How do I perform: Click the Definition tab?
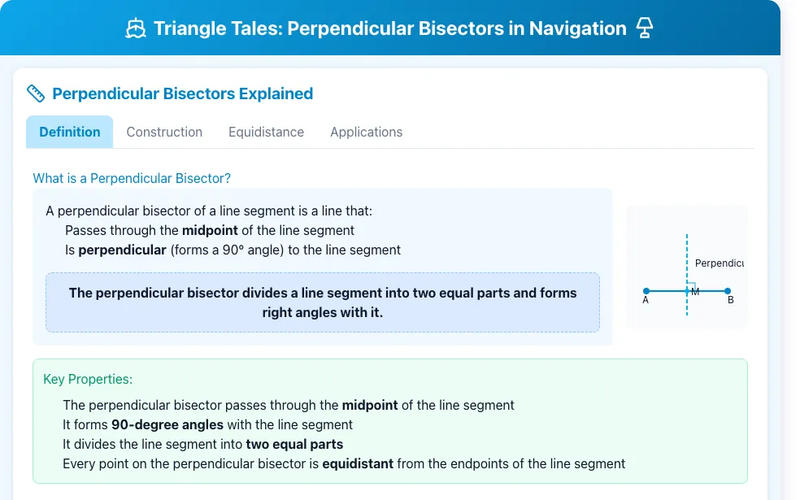pyautogui.click(x=69, y=133)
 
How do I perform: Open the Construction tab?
pyautogui.click(x=164, y=133)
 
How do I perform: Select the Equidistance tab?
pyautogui.click(x=267, y=133)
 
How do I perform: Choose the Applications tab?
pyautogui.click(x=367, y=133)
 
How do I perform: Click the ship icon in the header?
pyautogui.click(x=136, y=28)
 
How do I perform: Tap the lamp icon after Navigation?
pyautogui.click(x=645, y=28)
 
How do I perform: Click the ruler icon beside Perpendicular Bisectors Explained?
pyautogui.click(x=36, y=93)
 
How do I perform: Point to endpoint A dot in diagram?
pyautogui.click(x=646, y=291)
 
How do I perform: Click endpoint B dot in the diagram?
pyautogui.click(x=728, y=291)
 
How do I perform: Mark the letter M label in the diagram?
pyautogui.click(x=695, y=292)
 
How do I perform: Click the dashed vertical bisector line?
pyautogui.click(x=687, y=275)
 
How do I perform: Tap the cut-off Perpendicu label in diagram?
pyautogui.click(x=720, y=263)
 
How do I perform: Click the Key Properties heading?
pyautogui.click(x=88, y=379)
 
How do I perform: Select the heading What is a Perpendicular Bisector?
pyautogui.click(x=132, y=178)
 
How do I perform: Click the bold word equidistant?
pyautogui.click(x=358, y=463)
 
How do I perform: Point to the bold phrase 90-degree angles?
pyautogui.click(x=167, y=425)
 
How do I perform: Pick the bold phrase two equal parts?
pyautogui.click(x=294, y=445)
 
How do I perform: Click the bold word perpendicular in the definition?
pyautogui.click(x=123, y=250)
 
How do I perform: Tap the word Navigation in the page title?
pyautogui.click(x=577, y=28)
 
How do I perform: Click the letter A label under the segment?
pyautogui.click(x=646, y=301)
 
